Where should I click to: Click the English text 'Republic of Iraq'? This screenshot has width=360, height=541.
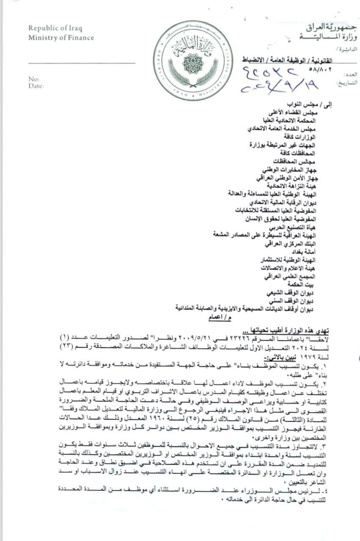click(x=55, y=29)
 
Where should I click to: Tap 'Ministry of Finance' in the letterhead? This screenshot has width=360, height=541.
click(x=61, y=38)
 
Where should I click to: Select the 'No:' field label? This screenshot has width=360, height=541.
click(x=34, y=79)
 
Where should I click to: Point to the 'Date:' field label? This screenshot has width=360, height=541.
click(x=36, y=86)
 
